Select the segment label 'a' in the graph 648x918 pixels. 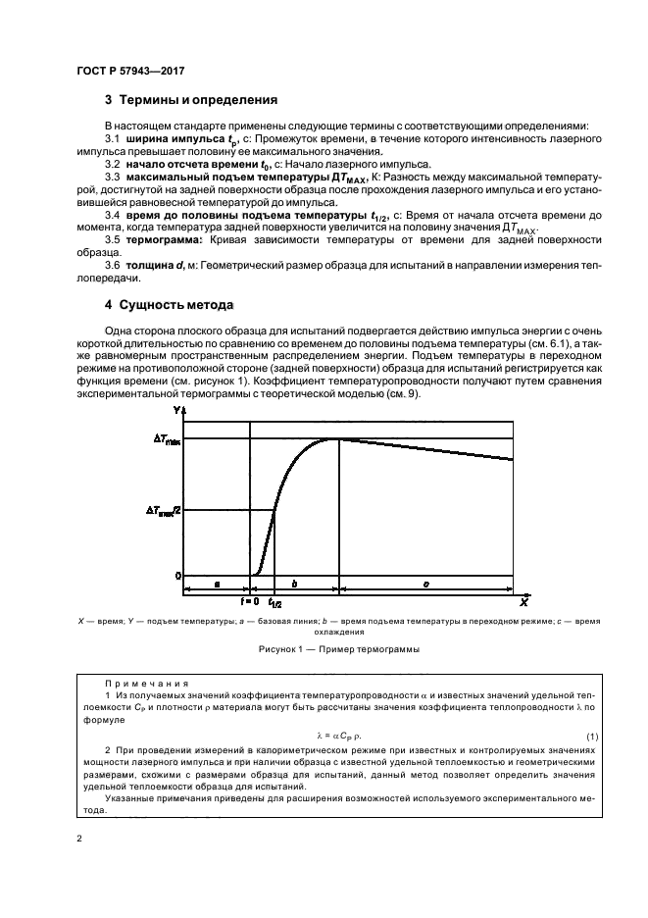[x=216, y=585]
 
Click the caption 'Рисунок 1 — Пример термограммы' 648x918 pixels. [x=324, y=648]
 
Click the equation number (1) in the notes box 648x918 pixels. [x=591, y=736]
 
